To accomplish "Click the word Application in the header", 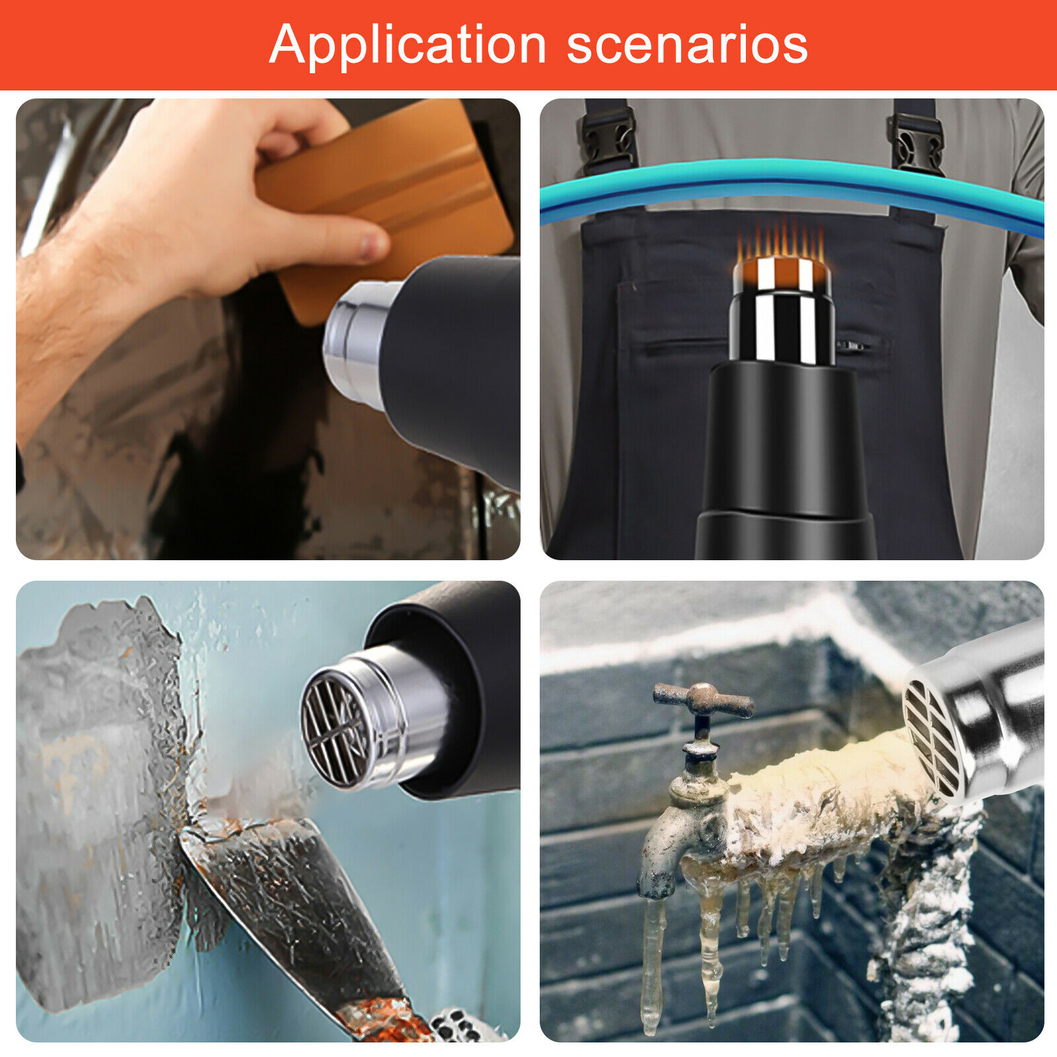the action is click(408, 46).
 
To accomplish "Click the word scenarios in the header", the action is click(687, 45).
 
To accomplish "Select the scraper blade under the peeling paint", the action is click(291, 912).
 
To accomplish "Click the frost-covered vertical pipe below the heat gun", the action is click(925, 925).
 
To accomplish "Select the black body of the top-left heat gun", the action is click(456, 363).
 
